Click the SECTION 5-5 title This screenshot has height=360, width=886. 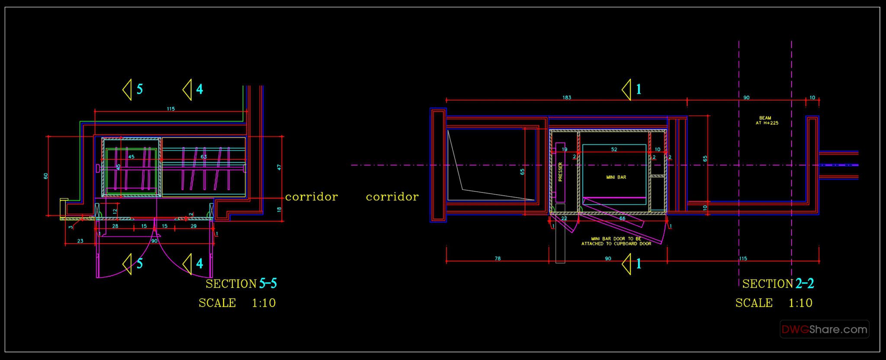(241, 284)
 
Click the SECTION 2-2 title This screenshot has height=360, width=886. (778, 284)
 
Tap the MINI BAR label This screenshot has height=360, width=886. (616, 177)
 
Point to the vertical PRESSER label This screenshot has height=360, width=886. (560, 172)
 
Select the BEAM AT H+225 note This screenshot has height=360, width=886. (765, 120)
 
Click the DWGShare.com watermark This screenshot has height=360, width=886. (824, 330)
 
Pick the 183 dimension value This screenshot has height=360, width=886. (567, 97)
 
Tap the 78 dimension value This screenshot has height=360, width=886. (498, 258)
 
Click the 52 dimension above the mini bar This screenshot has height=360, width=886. (614, 149)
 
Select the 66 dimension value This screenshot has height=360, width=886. (622, 219)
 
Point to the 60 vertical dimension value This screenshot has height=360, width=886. (46, 176)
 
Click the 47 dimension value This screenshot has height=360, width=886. (279, 167)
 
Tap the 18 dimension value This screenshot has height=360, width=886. (279, 209)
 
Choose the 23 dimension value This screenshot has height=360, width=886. (80, 241)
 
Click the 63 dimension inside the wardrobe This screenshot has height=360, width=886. (204, 157)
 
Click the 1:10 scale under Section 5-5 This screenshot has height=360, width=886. (263, 303)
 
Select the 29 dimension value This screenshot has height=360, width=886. (193, 226)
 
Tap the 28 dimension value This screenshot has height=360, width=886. (115, 226)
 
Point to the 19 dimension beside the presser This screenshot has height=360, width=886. (564, 149)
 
